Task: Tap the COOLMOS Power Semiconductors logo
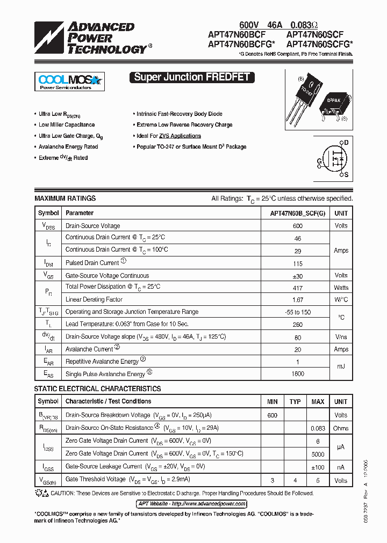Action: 69,82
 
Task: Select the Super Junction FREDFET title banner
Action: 191,77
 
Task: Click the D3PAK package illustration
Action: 334,105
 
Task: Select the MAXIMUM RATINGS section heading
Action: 65,199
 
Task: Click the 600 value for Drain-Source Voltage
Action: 297,226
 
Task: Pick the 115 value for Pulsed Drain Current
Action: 297,263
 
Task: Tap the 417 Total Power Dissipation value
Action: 297,288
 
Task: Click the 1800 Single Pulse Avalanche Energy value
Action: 297,374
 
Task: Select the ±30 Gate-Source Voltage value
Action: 297,276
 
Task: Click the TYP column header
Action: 295,401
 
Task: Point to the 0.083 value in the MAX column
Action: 318,428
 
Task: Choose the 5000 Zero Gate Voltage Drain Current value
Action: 318,454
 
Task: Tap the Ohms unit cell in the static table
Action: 341,428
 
